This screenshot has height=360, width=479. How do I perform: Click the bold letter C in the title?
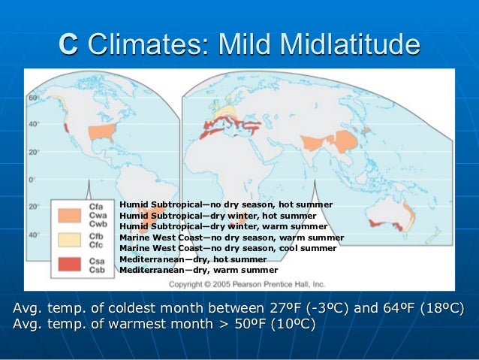point(68,44)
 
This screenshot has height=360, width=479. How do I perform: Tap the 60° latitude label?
point(33,98)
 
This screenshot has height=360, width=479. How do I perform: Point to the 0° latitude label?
point(32,180)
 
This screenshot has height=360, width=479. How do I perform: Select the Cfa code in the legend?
point(96,206)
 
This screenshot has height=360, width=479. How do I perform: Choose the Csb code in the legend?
point(96,268)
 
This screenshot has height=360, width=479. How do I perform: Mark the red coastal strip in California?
point(67,129)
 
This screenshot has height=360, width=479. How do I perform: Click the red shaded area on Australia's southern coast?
point(392,222)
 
